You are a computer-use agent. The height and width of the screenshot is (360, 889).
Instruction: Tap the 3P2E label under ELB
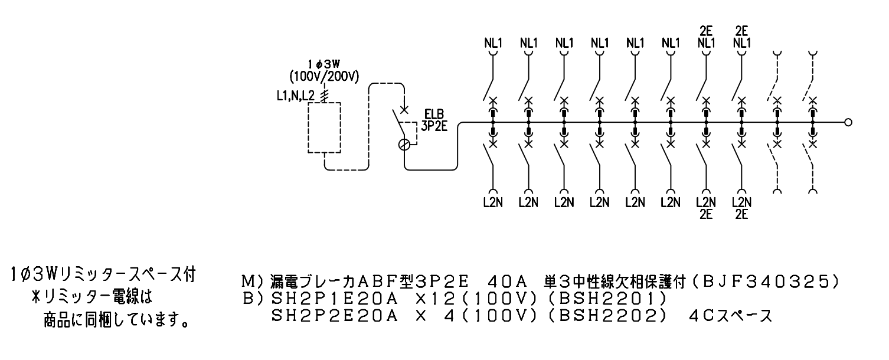click(434, 126)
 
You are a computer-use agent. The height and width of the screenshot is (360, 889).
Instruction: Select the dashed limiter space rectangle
click(324, 103)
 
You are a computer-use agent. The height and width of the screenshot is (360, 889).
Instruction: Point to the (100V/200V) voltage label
click(324, 77)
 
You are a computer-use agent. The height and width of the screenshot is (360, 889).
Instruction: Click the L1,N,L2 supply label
click(296, 96)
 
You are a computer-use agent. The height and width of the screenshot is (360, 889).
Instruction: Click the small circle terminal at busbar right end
click(848, 122)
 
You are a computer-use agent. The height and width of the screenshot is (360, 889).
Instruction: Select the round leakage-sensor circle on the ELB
click(404, 145)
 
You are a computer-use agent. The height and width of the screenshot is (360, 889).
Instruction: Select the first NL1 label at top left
click(493, 43)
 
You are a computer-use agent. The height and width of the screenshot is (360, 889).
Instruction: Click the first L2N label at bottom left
click(493, 202)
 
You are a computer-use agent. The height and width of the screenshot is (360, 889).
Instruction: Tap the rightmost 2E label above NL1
click(742, 31)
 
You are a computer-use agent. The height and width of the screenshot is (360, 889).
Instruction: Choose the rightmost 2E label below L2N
click(742, 214)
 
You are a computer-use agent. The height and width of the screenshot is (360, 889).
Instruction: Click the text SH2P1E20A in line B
click(334, 299)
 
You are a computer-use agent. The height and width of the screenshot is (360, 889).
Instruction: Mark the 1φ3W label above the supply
click(324, 64)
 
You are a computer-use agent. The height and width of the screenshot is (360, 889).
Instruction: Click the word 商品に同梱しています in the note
click(116, 320)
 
